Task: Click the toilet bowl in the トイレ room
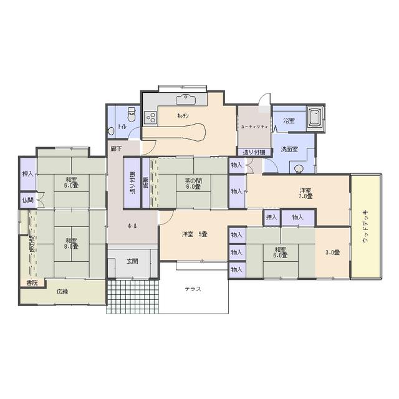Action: coord(131,115)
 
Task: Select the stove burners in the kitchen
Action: coord(151,116)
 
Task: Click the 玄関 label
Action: coord(132,261)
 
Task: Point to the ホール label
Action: coord(132,225)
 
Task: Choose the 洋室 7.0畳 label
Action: coord(305,193)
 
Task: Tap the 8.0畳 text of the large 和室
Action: coord(70,246)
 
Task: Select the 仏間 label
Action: coord(27,200)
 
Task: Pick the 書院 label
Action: coord(31,282)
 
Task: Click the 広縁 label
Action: coord(62,291)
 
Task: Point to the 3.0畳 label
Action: coord(332,252)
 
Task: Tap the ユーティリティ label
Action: coord(254,127)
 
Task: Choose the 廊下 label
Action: coord(116,149)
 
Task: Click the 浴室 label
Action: coord(289,120)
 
